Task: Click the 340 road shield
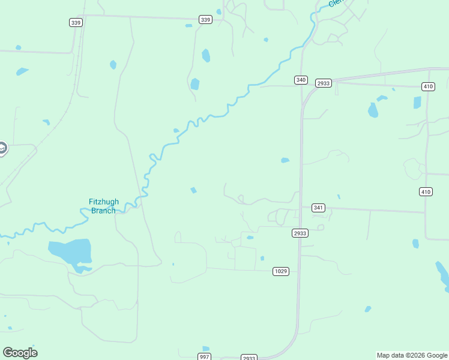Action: (x=301, y=80)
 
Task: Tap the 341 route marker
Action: (x=318, y=208)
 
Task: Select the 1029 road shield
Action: (x=280, y=271)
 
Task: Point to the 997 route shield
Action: (x=205, y=357)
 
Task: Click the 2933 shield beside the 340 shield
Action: (x=323, y=83)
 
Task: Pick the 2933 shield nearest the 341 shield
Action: (x=300, y=233)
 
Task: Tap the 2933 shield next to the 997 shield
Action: (x=249, y=358)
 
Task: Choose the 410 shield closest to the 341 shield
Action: (x=426, y=191)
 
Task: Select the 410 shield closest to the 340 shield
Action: (x=427, y=86)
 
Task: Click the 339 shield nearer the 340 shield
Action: (x=205, y=20)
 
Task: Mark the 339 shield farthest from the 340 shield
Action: (x=75, y=22)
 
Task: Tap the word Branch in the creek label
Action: (x=103, y=211)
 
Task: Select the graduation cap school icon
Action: (x=2, y=148)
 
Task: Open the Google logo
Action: (x=20, y=353)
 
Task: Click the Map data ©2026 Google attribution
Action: (x=412, y=355)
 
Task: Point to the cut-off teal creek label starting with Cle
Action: (x=335, y=4)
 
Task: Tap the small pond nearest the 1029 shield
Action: (x=262, y=259)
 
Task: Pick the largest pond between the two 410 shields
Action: (x=373, y=110)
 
